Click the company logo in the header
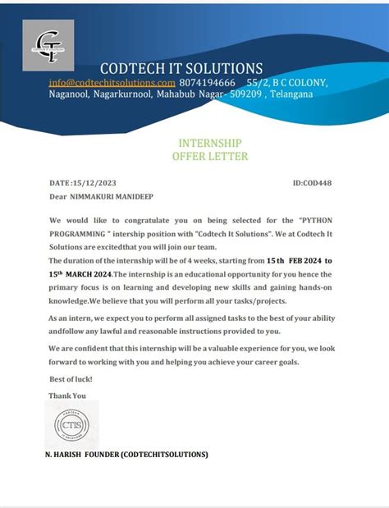click(53, 45)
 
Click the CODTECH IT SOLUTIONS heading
click(181, 68)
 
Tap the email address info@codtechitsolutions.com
click(112, 83)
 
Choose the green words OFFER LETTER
click(199, 156)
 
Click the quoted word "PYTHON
click(315, 222)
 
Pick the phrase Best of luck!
click(71, 379)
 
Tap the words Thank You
click(67, 395)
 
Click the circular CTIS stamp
click(71, 425)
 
